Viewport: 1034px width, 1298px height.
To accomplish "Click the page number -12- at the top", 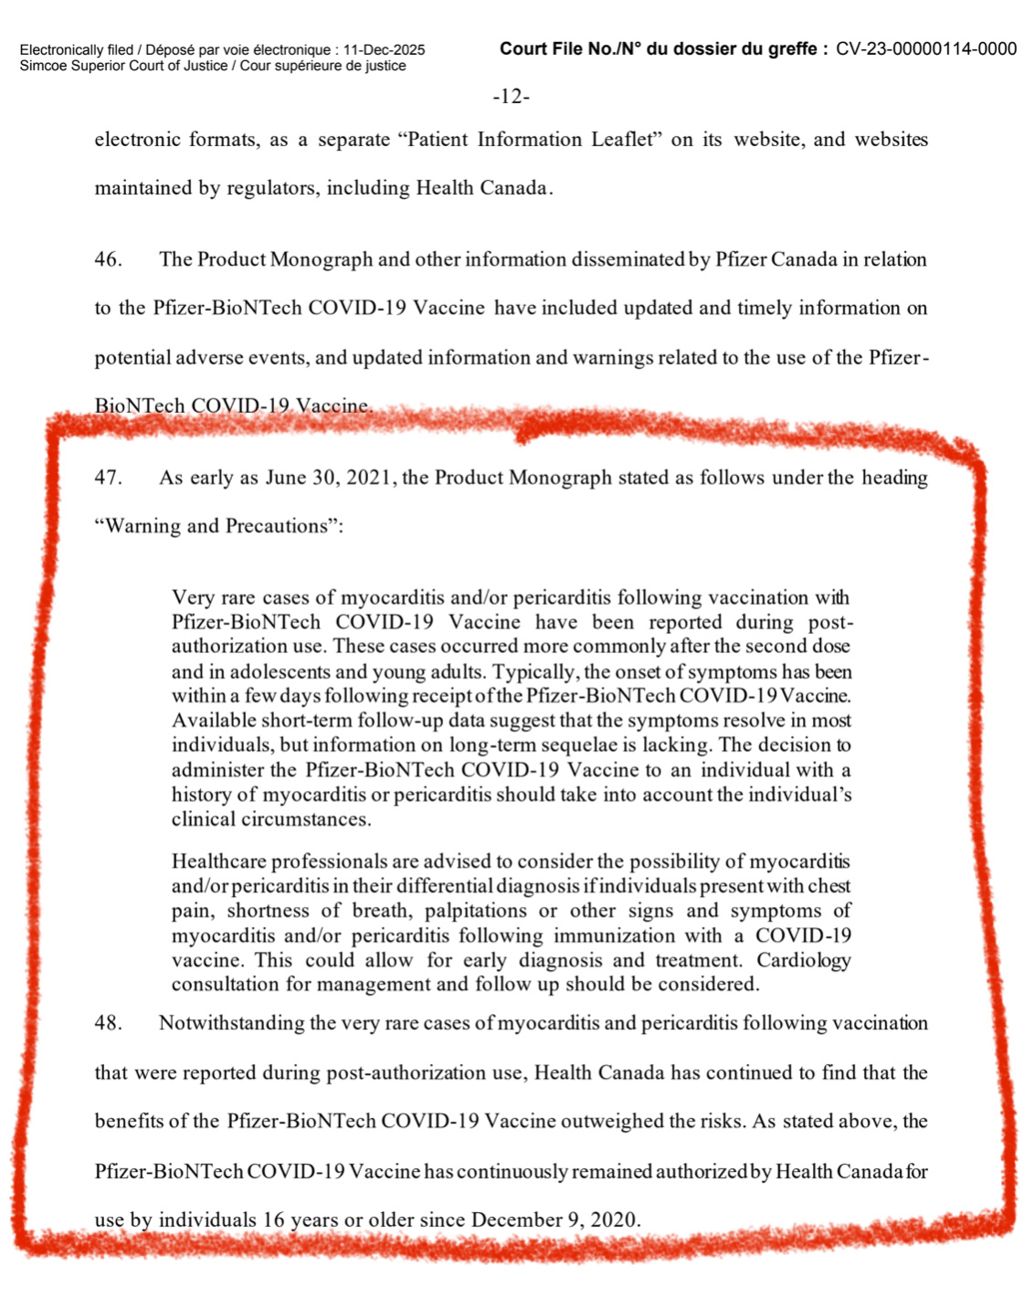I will click(511, 97).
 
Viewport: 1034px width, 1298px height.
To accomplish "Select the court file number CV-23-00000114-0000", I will click(926, 49).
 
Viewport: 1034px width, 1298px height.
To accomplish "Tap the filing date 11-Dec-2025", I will click(384, 50).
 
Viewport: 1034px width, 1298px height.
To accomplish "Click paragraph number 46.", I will click(108, 259).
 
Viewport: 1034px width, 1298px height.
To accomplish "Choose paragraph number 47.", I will click(108, 478).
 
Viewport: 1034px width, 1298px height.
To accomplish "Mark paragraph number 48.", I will click(108, 1023).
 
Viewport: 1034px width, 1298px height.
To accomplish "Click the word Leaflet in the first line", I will click(623, 140).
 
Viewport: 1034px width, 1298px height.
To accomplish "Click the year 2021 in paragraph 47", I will click(369, 478).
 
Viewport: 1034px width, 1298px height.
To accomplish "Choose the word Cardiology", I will click(804, 960).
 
